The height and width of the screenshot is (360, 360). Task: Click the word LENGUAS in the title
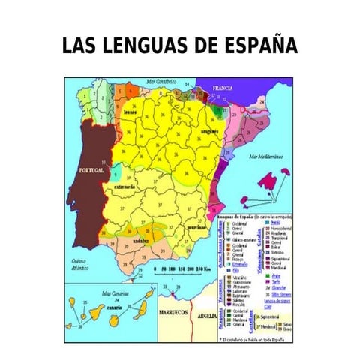[x=144, y=46]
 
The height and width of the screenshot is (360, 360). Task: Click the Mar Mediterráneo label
[x=264, y=157]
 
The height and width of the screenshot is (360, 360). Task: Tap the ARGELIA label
[x=205, y=316]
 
